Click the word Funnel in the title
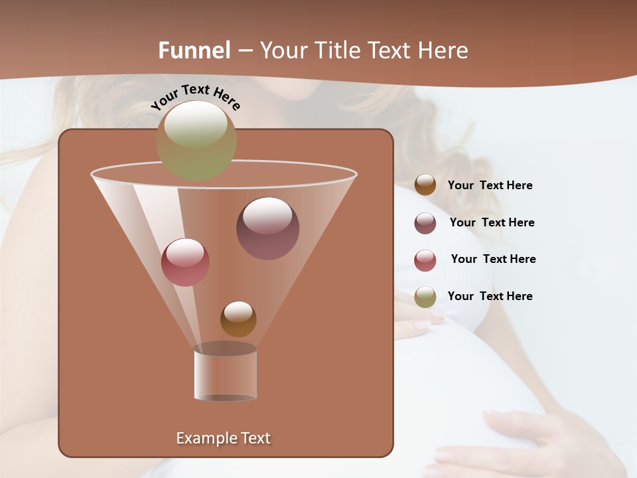(194, 50)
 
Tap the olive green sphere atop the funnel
(196, 140)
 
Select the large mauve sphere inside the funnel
(268, 228)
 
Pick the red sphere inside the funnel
(185, 262)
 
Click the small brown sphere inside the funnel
(238, 319)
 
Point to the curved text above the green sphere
(195, 98)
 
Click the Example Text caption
(224, 438)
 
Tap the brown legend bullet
(425, 185)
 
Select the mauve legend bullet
(425, 223)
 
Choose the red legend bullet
(425, 260)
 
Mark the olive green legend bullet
(425, 297)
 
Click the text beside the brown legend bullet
(490, 186)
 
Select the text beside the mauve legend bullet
(492, 222)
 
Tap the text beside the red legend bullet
(493, 259)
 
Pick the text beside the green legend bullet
(490, 296)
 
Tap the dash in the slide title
(245, 50)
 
